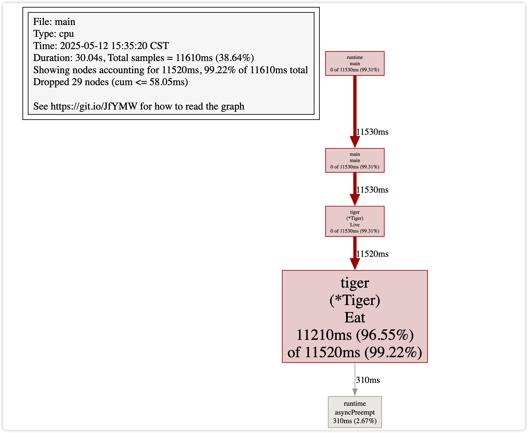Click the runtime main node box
coord(355,64)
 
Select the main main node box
coord(355,160)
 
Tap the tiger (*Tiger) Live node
coord(355,221)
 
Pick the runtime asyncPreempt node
coord(355,412)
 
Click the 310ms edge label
coord(368,380)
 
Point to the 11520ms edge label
coord(372,254)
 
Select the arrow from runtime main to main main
coord(355,112)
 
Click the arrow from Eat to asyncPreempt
coord(355,379)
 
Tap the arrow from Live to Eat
coord(355,253)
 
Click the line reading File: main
coord(54,22)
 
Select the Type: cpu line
coord(53,34)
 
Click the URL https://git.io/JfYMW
coord(94,106)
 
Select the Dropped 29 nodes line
coord(110,82)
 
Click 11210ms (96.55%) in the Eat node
coord(355,335)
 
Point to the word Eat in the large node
coord(355,317)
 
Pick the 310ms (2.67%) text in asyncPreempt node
coord(355,421)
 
